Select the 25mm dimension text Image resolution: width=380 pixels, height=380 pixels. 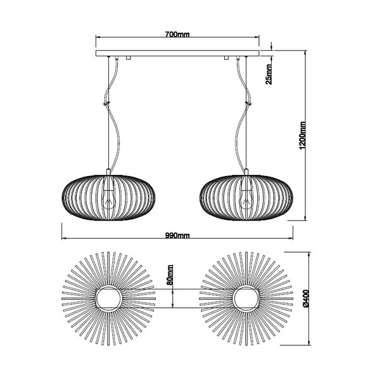269,74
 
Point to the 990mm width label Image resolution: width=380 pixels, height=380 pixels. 178,236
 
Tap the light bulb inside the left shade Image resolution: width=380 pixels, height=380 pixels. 109,197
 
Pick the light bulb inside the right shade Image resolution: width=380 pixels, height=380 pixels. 246,197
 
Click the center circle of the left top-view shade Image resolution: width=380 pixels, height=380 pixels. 109,298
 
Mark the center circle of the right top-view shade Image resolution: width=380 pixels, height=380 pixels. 246,298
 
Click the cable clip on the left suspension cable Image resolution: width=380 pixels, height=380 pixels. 106,99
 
